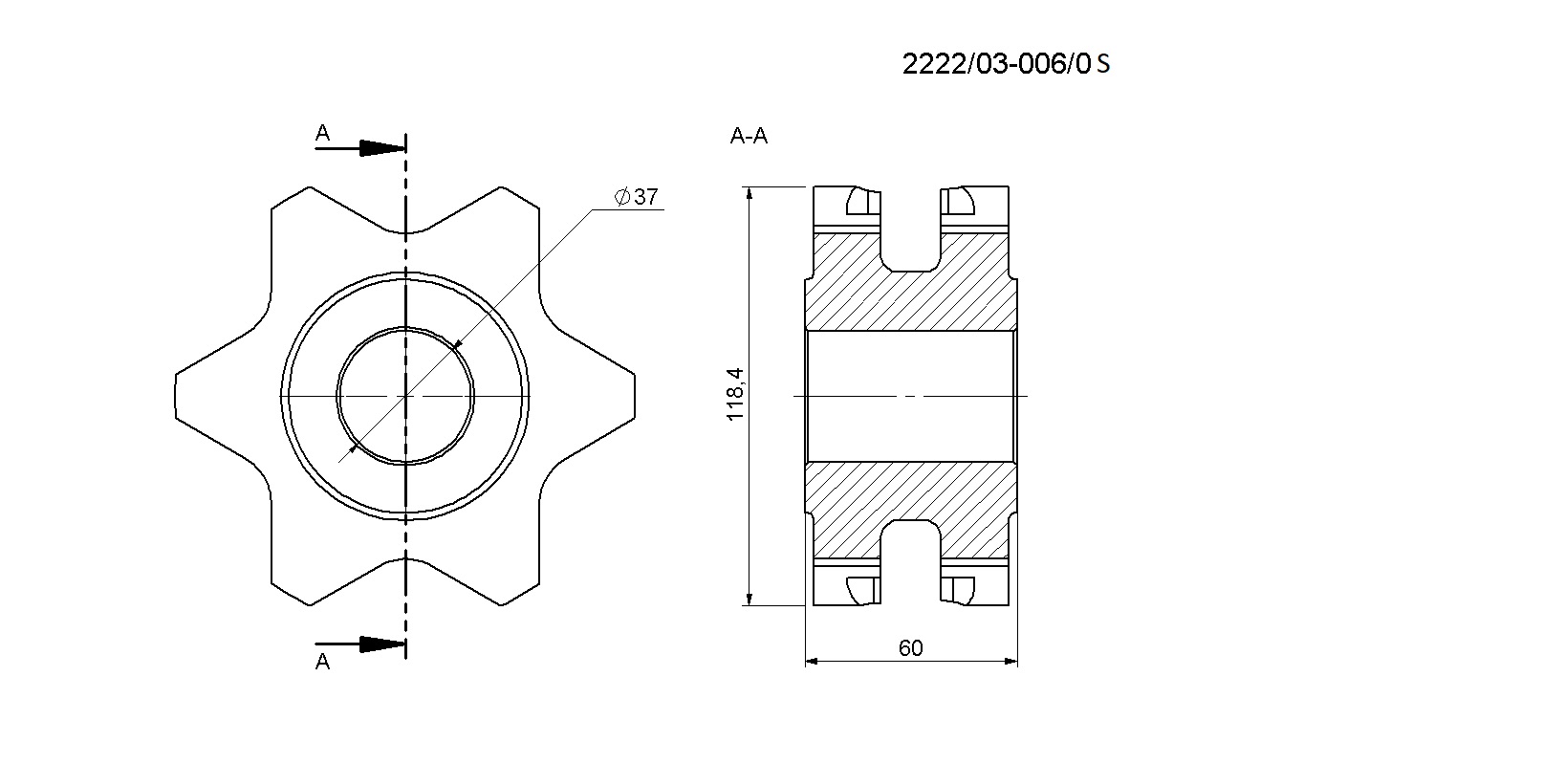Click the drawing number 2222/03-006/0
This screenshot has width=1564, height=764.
pos(996,64)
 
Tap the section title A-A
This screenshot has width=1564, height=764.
pos(749,136)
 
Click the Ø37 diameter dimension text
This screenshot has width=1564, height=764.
pos(636,197)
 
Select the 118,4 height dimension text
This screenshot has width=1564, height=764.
pos(736,395)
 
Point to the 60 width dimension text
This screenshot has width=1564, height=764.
pos(910,648)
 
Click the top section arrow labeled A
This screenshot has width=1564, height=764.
pos(360,148)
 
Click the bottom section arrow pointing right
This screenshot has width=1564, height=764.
pos(360,644)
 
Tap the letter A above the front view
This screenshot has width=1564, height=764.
pos(322,133)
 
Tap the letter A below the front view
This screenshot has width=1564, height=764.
pos(322,662)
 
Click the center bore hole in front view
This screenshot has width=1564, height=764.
pos(405,396)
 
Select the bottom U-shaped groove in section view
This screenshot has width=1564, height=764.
pos(910,563)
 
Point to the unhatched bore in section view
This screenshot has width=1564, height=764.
pos(910,396)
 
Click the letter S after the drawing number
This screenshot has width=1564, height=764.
pos(1103,64)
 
